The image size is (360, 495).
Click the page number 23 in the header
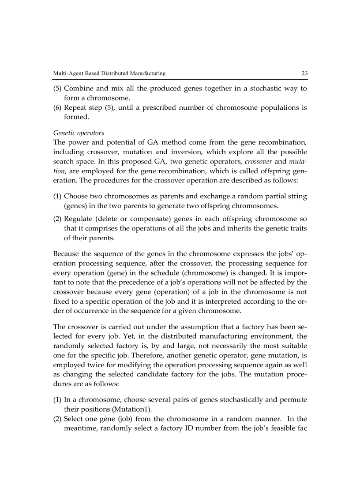coord(304,73)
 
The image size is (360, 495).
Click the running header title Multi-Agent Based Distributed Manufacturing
coord(109,73)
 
